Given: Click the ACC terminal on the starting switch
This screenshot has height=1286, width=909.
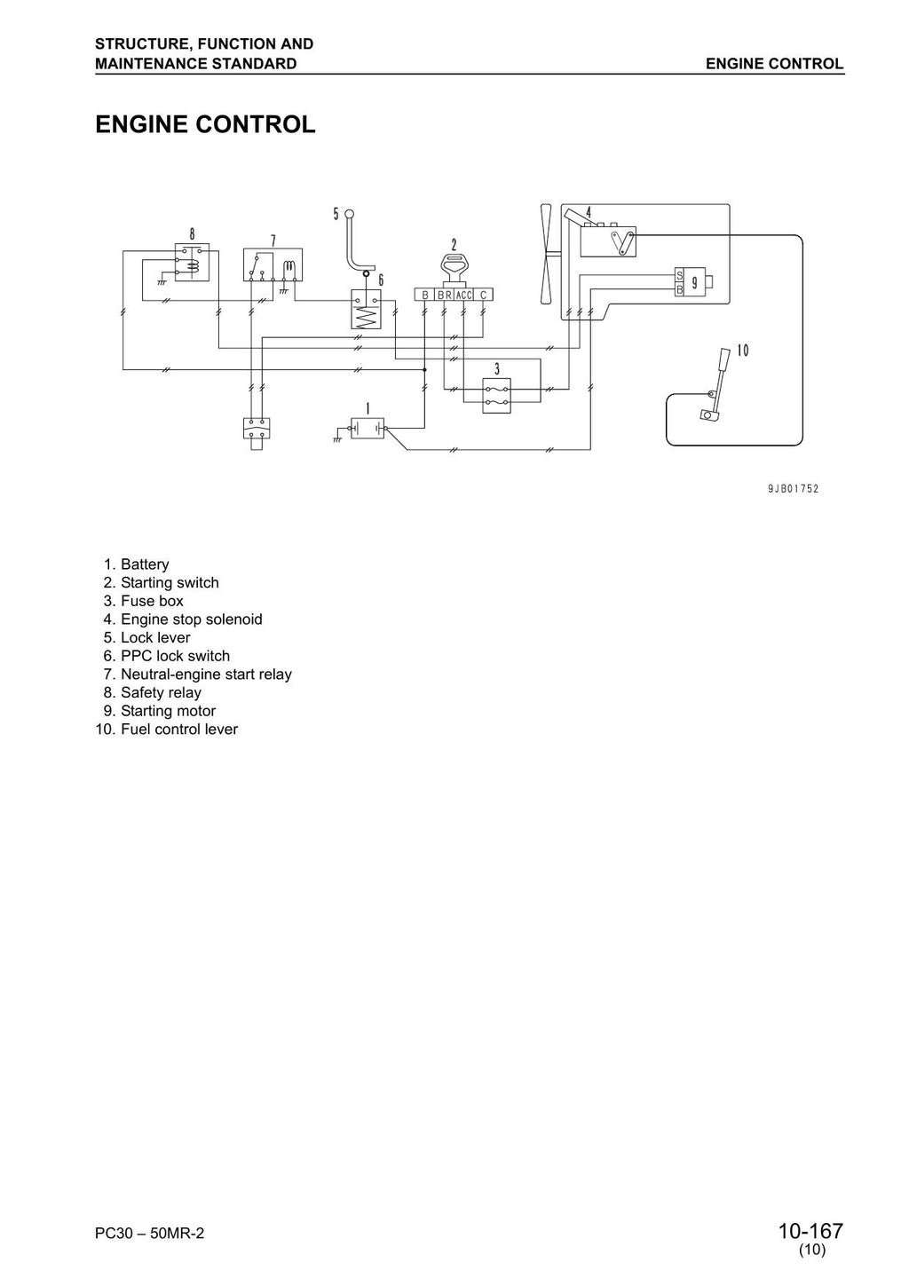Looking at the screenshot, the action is point(463,295).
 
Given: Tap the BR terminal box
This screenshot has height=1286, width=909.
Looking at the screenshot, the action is point(445,295).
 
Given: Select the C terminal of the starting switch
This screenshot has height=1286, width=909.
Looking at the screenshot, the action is point(483,295).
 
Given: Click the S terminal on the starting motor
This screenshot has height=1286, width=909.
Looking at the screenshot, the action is point(679,275).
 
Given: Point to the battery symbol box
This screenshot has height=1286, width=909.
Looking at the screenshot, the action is point(368,429).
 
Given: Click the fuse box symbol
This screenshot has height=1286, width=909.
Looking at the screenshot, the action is point(497,396).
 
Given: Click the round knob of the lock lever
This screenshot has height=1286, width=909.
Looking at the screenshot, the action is point(349,215).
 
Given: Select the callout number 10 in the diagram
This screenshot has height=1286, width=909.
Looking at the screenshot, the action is point(742,351).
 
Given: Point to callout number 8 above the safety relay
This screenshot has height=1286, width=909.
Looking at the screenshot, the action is point(192,233).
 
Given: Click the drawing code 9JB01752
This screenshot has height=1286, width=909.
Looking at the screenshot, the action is point(793,488).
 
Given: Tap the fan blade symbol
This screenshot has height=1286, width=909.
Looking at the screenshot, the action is point(546,254).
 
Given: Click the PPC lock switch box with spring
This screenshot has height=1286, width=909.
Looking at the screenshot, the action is point(367,310).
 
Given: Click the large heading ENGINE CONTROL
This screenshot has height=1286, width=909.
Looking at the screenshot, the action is point(205,124).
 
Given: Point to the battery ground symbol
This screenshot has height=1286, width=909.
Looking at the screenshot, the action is point(337,438).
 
